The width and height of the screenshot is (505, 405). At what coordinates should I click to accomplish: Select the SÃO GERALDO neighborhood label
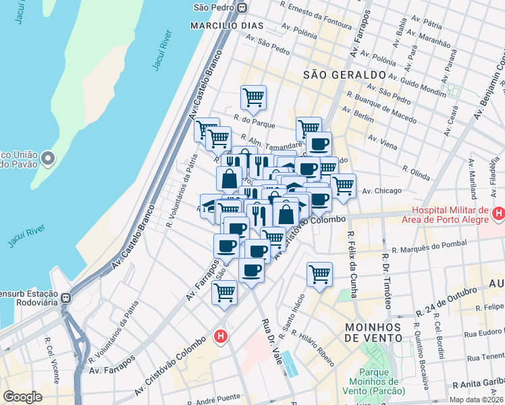click(x=344, y=74)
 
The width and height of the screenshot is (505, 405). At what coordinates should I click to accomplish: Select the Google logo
click(x=22, y=397)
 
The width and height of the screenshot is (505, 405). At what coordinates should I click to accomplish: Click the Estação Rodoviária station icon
click(x=66, y=298)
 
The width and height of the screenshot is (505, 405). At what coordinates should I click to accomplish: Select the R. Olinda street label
click(x=416, y=173)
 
